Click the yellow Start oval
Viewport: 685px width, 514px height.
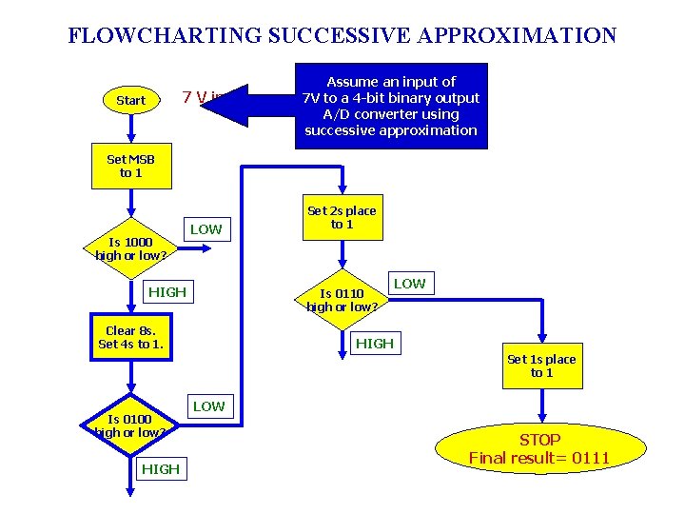click(x=130, y=100)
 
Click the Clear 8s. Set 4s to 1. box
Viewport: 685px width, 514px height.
click(x=130, y=337)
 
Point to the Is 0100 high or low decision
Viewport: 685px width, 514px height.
click(x=130, y=425)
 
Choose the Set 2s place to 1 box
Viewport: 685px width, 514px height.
click(x=342, y=217)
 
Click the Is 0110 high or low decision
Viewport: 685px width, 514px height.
click(x=342, y=300)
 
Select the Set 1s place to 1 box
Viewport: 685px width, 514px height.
click(x=541, y=366)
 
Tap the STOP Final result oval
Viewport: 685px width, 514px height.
click(x=539, y=449)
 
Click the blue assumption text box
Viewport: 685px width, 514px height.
click(x=390, y=106)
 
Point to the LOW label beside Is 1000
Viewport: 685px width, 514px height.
click(x=205, y=228)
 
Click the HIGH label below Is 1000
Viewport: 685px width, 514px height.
click(x=166, y=291)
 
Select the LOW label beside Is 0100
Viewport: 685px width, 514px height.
click(x=208, y=406)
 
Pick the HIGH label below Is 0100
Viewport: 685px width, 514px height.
click(x=160, y=468)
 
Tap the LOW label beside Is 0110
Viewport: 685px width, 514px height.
click(x=410, y=284)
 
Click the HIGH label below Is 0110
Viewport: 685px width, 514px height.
click(x=374, y=343)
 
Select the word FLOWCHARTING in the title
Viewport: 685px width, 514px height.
click(x=165, y=36)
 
